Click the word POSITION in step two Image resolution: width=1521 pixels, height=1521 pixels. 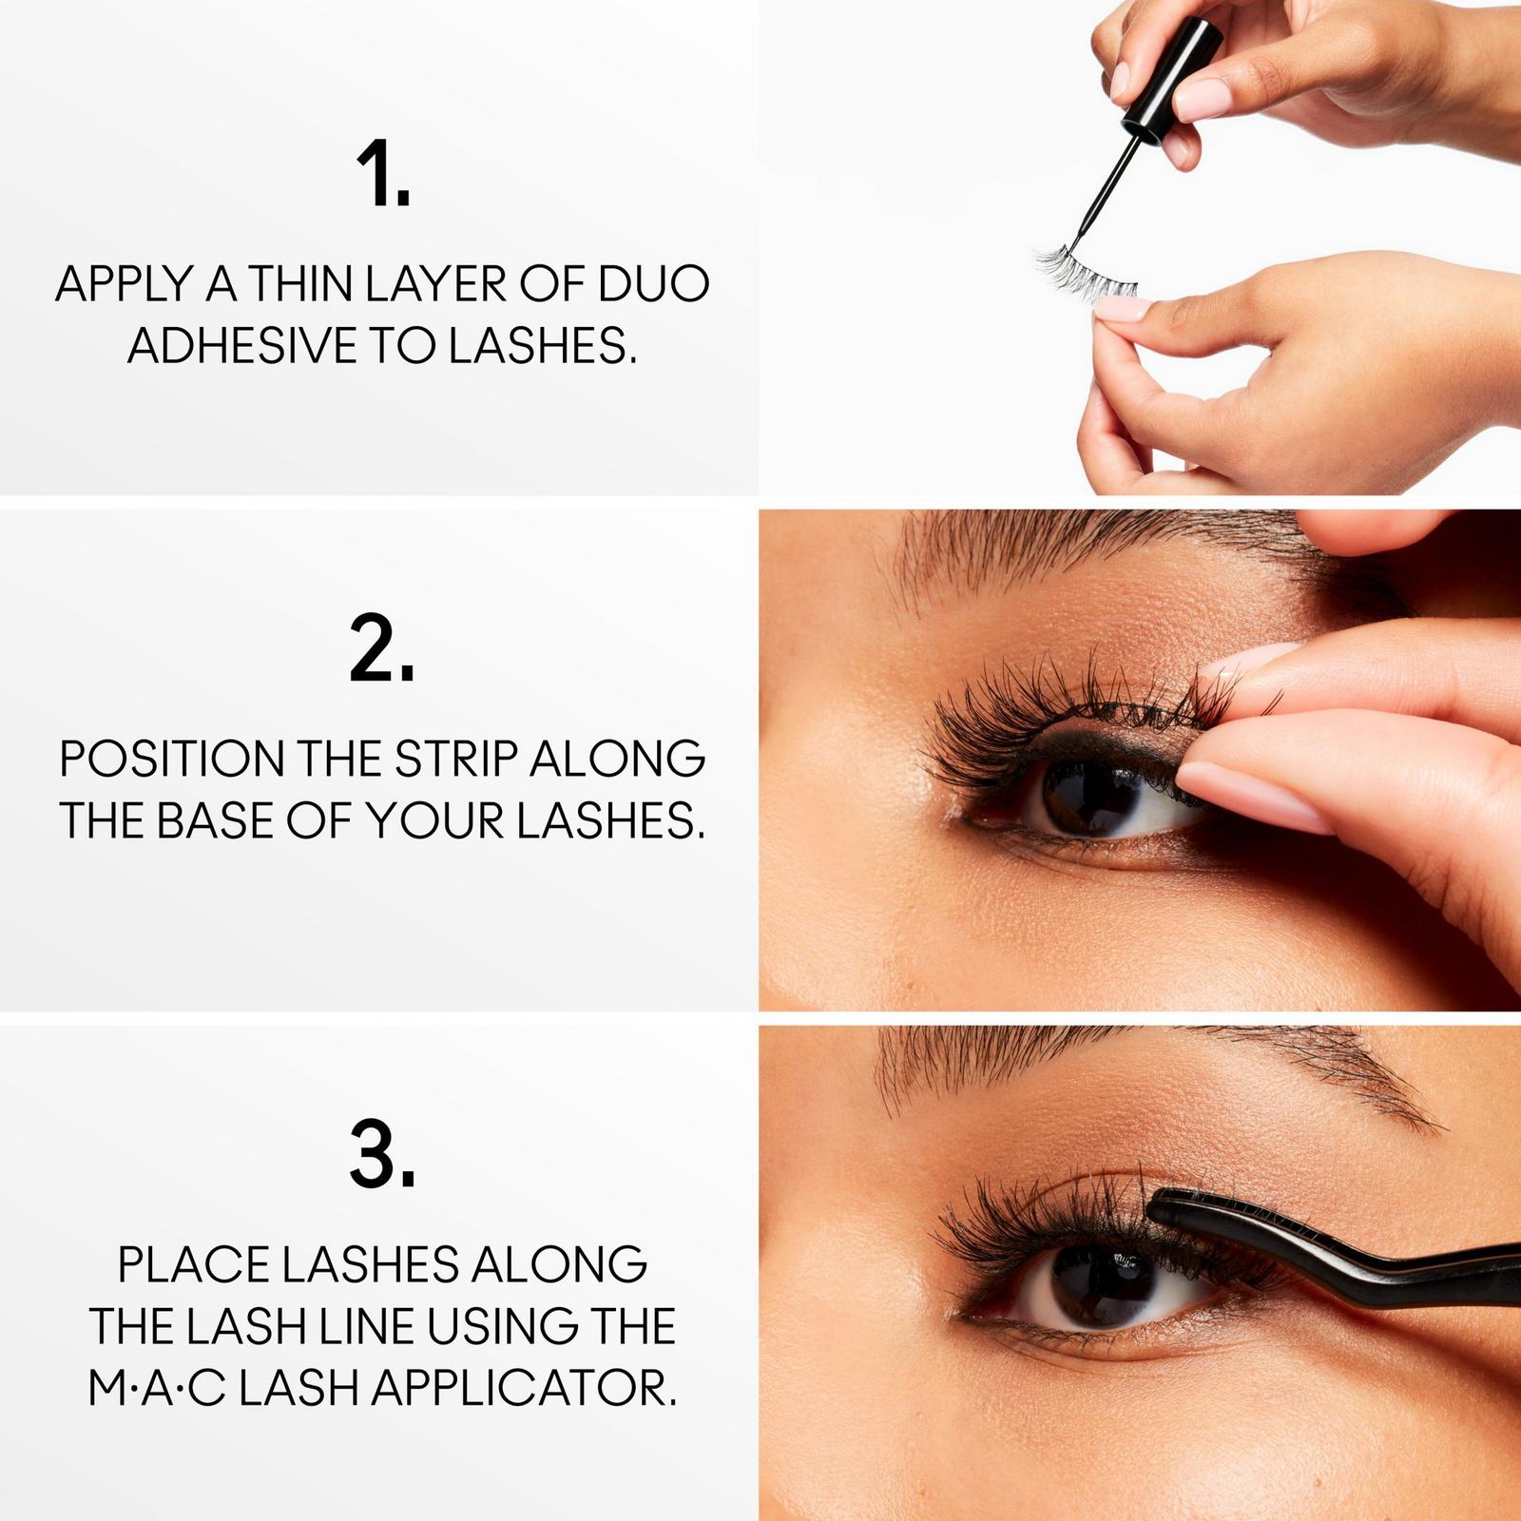(x=171, y=759)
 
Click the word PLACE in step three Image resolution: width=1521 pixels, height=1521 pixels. (x=193, y=1265)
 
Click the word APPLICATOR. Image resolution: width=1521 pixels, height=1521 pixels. (x=524, y=1389)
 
